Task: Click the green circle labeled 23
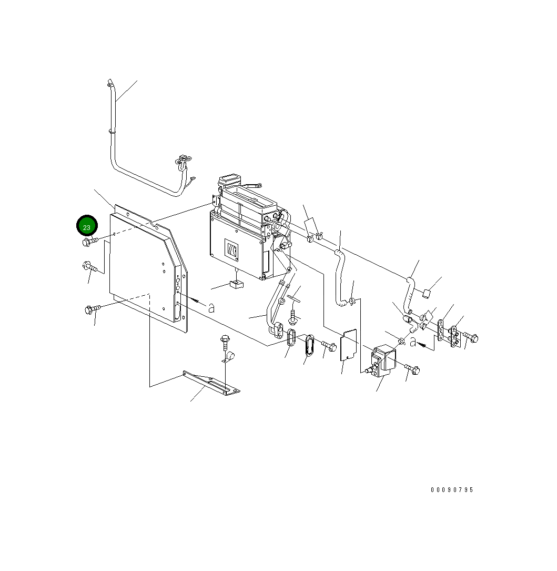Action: (x=87, y=227)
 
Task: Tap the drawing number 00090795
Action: (x=452, y=490)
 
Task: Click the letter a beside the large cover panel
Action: (x=211, y=308)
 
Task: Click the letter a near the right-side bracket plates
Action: (x=413, y=343)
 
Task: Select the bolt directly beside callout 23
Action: (x=89, y=242)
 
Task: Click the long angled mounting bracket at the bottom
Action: (x=210, y=382)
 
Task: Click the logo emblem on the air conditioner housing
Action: (x=232, y=249)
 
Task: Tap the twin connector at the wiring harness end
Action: (x=182, y=160)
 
